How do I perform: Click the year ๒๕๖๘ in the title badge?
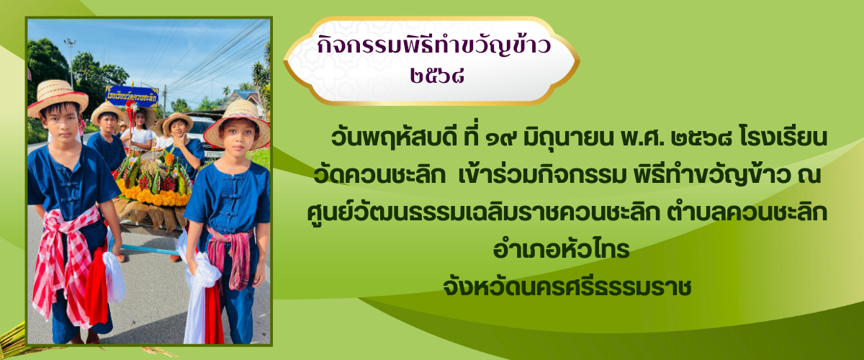tap(436, 76)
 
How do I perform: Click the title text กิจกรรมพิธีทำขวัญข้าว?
tap(434, 45)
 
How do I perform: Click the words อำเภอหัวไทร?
tap(561, 249)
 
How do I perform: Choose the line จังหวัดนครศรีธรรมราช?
tap(567, 287)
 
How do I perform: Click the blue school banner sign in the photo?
tap(132, 96)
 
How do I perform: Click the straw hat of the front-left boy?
tap(58, 97)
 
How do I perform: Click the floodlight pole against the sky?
tap(71, 63)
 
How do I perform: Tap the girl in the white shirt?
tap(139, 132)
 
